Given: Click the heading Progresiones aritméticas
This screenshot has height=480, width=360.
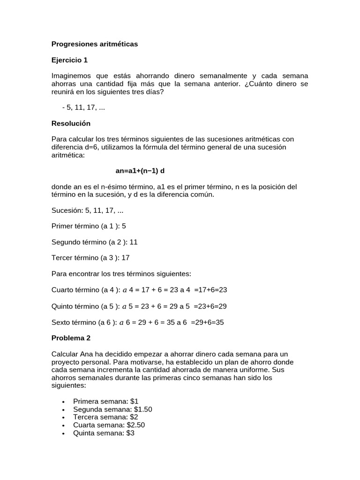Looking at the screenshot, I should (x=95, y=44).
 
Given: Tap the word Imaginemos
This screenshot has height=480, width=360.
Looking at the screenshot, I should (x=70, y=76).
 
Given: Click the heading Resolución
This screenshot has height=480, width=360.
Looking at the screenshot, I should (x=71, y=124).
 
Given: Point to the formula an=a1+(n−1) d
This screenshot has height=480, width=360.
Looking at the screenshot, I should (x=140, y=171).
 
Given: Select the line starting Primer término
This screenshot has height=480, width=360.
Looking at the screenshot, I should (x=89, y=226).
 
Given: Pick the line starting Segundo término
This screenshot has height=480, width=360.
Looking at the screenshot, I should (x=94, y=242).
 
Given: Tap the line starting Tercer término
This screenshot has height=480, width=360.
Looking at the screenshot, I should (x=90, y=258).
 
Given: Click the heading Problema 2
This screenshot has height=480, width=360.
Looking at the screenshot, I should (x=71, y=338).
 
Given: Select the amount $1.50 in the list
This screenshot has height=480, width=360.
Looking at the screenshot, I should (x=141, y=409).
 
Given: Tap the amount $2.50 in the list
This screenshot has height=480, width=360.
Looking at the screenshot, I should (x=136, y=425).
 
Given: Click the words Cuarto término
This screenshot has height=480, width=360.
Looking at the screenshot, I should (x=74, y=290).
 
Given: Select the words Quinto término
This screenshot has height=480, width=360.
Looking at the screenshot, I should (x=74, y=306).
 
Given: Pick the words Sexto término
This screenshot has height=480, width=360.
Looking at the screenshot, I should (x=73, y=322).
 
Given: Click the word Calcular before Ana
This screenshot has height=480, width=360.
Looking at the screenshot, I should (x=65, y=354).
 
